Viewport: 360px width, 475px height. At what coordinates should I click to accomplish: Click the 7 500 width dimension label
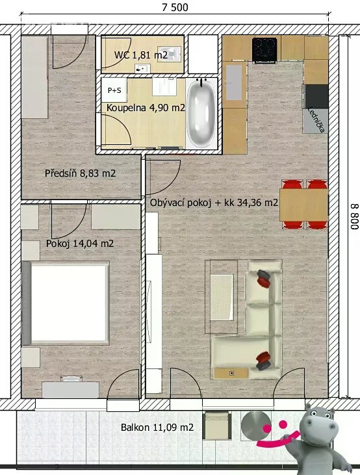pos(175,7)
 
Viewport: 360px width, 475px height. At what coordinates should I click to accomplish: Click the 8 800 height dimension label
pos(355,216)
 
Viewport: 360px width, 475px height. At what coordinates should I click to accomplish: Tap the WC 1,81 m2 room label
pos(141,55)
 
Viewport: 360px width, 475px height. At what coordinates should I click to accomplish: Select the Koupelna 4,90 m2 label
pos(146,108)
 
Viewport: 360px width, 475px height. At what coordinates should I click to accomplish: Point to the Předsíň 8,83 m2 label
pos(81,173)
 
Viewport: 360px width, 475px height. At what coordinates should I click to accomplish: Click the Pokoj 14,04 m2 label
pos(80,244)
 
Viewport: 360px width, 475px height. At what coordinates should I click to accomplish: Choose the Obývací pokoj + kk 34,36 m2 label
pos(214,203)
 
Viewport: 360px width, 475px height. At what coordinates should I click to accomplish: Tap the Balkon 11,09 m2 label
pos(157,428)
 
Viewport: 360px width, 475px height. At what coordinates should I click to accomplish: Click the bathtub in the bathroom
pos(201,114)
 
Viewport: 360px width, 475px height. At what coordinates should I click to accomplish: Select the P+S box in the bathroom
pos(114,90)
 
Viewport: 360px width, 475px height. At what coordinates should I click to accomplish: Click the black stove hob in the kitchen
pos(264,50)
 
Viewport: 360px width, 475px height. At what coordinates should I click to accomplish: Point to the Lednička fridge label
pos(316,120)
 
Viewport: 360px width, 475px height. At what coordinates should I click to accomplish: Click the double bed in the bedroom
pos(66,303)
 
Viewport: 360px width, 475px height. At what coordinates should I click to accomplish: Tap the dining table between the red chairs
pos(303,205)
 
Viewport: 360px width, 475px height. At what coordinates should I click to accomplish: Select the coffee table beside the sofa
pos(222,297)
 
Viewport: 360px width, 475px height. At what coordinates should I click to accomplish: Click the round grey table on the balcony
pos(255,426)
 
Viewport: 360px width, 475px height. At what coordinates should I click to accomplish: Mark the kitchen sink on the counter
pos(234,83)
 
